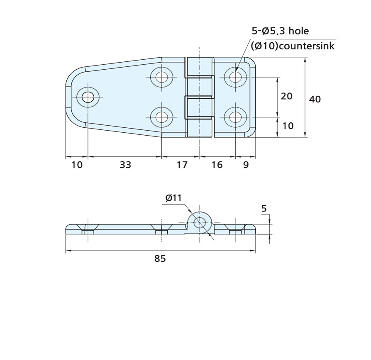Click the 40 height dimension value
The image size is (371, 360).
315,100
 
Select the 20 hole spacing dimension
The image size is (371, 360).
287,96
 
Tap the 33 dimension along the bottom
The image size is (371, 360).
125,165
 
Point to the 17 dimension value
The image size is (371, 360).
182,165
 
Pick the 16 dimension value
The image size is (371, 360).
217,165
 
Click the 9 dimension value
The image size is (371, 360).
246,165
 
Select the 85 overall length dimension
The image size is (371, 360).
160,259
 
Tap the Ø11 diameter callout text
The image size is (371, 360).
173,198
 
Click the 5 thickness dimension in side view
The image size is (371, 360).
264,209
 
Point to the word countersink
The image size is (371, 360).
307,46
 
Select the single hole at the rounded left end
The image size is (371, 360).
88,97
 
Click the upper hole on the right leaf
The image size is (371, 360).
235,77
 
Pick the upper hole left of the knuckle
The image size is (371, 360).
162,77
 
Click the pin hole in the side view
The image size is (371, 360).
200,222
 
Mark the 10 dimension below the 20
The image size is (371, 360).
288,126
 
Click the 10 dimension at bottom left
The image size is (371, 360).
77,165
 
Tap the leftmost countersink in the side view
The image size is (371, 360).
88,228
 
